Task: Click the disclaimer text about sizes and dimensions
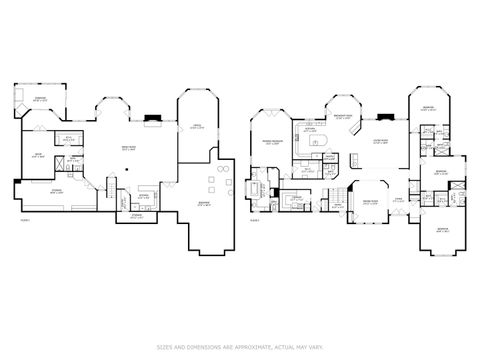coord(240,347)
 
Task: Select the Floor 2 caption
coord(256,219)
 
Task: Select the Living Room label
coord(380,142)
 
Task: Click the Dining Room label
coord(369,203)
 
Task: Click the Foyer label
coord(398,199)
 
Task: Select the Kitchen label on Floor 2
coord(310,130)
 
